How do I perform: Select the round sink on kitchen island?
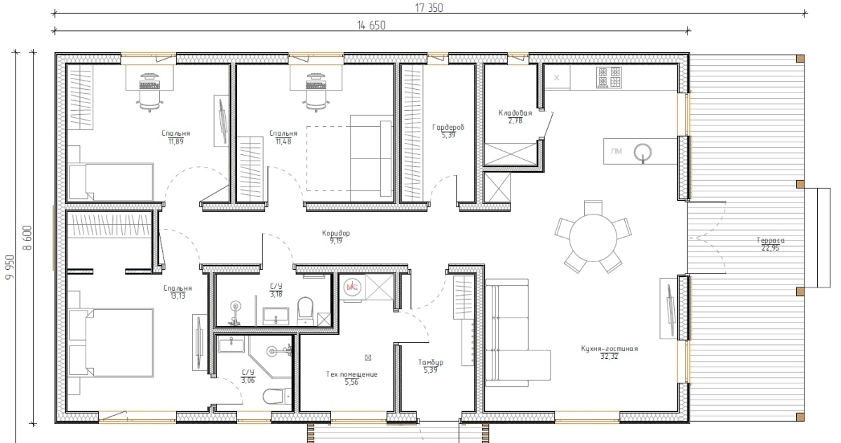[643, 152]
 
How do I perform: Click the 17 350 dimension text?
[429, 8]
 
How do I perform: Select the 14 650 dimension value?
[370, 25]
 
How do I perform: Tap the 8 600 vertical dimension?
[28, 238]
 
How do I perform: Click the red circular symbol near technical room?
[352, 287]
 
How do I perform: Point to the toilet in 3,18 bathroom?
[305, 311]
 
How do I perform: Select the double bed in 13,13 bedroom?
[111, 343]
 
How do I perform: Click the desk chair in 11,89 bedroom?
[149, 99]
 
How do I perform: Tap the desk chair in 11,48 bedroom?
[316, 99]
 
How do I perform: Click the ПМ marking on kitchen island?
[617, 151]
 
